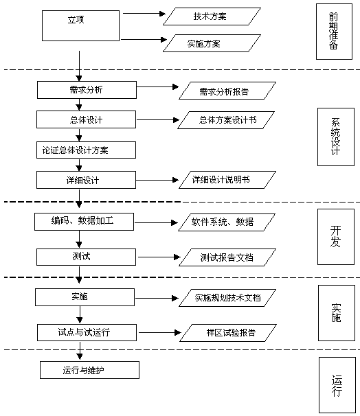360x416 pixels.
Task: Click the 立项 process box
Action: (x=81, y=25)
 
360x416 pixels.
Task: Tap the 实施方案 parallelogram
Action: (x=212, y=44)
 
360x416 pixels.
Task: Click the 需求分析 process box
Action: (x=86, y=90)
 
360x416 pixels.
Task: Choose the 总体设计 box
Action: (x=86, y=120)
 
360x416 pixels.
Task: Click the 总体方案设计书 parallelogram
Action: (x=227, y=120)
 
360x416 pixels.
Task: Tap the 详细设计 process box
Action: (x=86, y=180)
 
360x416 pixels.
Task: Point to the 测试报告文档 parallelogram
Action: (x=226, y=257)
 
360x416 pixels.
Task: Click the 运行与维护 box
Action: (x=89, y=371)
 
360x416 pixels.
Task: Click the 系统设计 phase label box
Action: (x=335, y=136)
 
